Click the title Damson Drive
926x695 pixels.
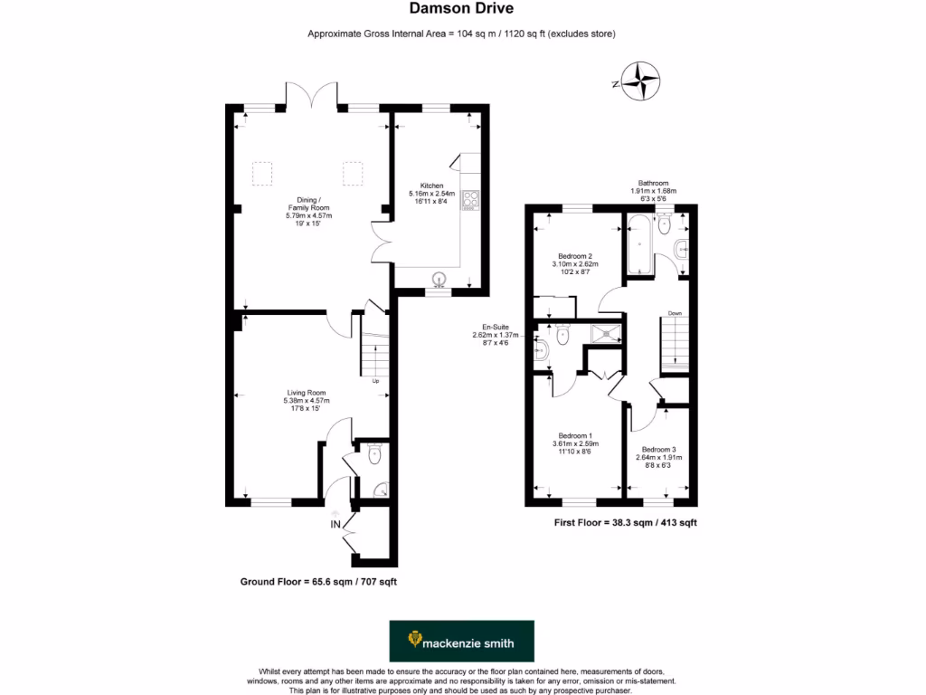pos(462,9)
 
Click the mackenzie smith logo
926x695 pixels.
pos(461,641)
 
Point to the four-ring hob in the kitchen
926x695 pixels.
pos(471,199)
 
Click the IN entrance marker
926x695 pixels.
pos(335,524)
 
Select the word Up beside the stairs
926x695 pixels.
pos(376,381)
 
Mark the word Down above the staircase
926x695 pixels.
pos(675,314)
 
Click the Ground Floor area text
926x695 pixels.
pos(318,581)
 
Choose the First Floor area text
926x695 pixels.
pos(624,523)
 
